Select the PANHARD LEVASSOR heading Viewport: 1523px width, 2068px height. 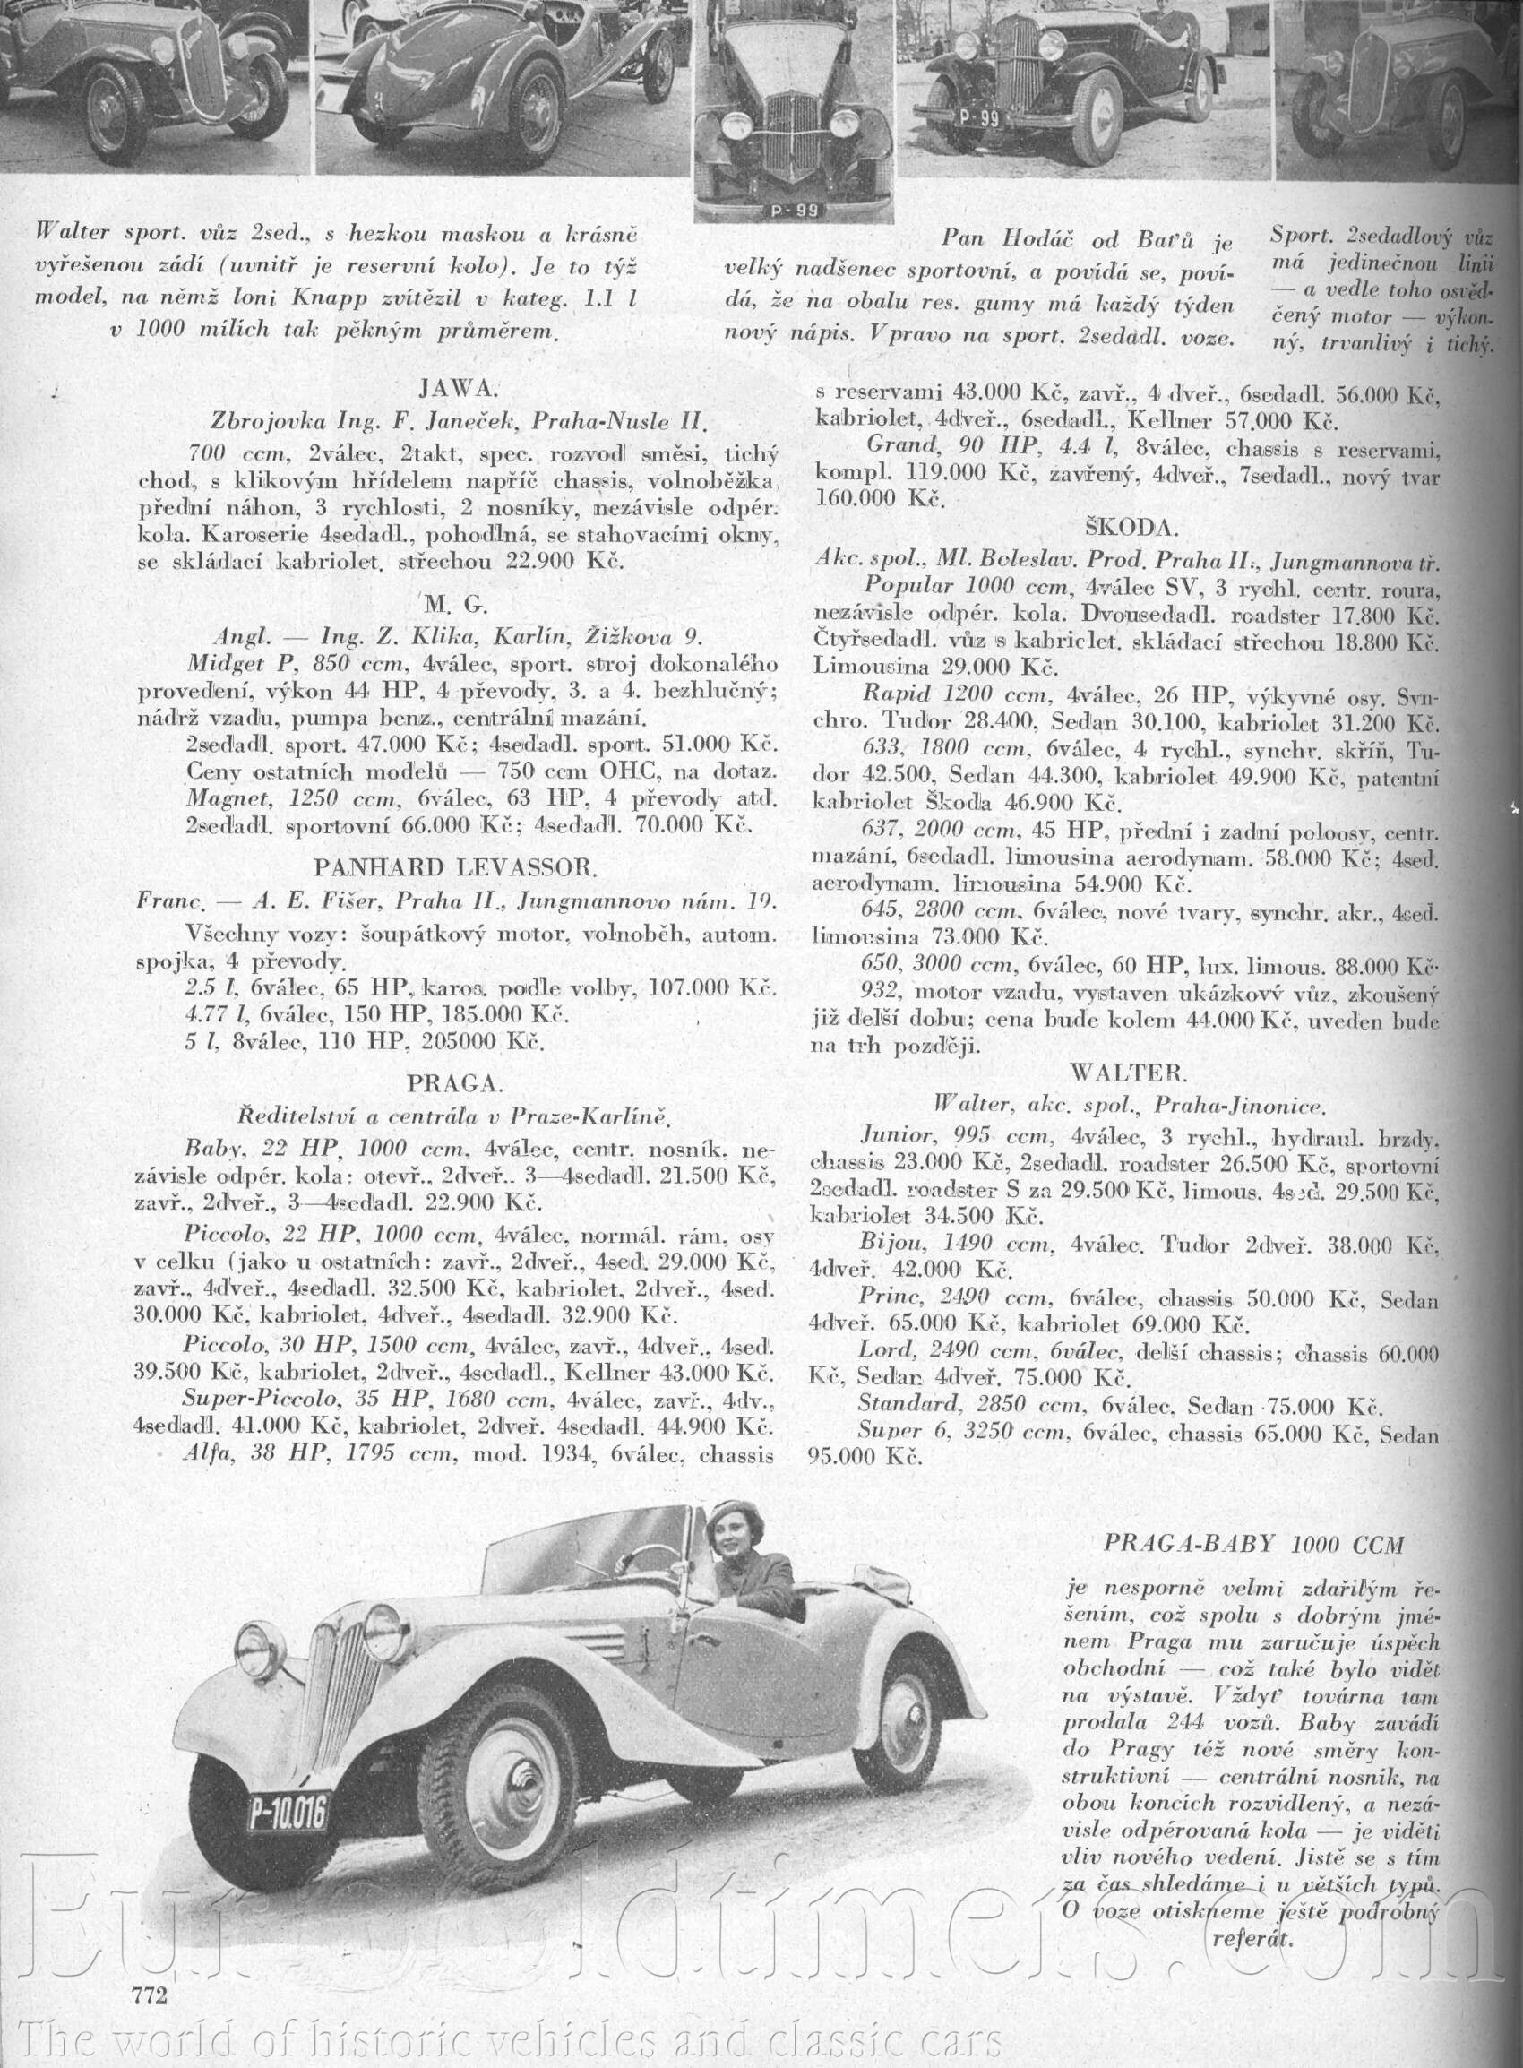click(456, 867)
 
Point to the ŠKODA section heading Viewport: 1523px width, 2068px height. click(1124, 529)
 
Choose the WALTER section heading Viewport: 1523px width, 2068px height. click(1129, 1073)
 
